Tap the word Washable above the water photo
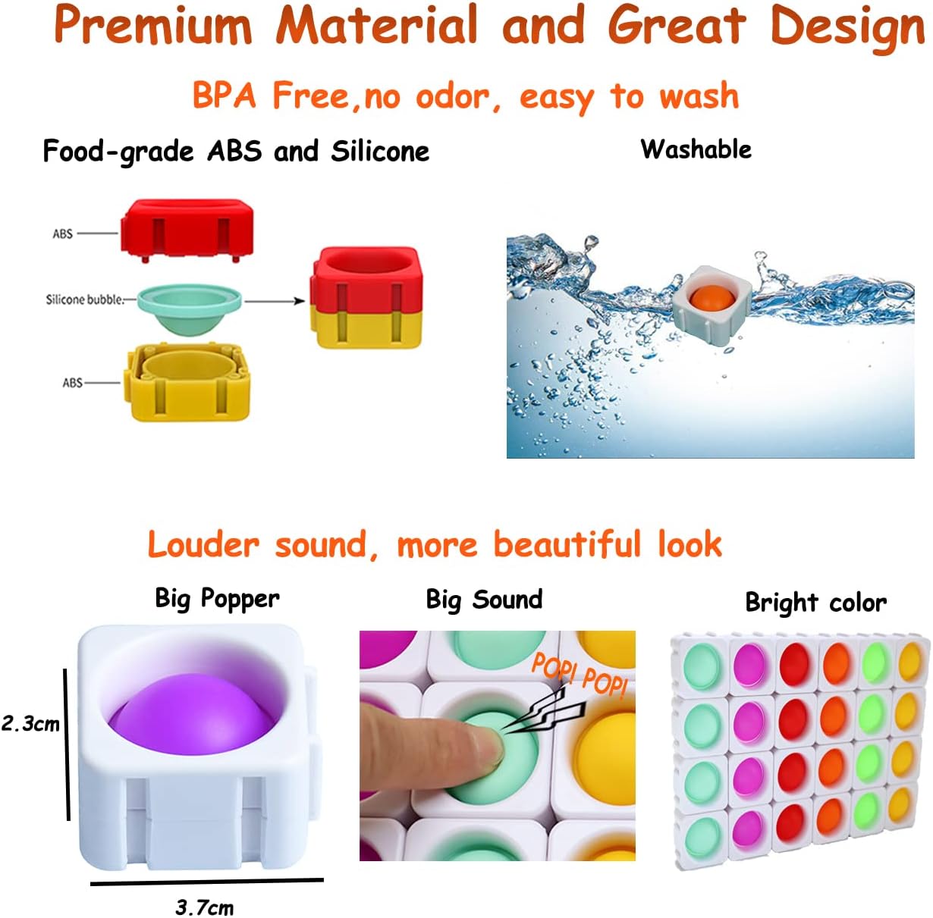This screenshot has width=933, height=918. [x=696, y=149]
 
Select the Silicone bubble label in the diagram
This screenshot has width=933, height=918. [x=84, y=299]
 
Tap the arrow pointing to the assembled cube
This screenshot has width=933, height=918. [x=274, y=302]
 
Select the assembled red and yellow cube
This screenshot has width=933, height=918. [x=365, y=297]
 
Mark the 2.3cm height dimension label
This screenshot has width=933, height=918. [x=30, y=723]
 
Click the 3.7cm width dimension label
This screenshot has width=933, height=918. [x=205, y=907]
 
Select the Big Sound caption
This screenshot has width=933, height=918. [x=484, y=600]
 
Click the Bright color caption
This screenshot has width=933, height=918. [x=815, y=603]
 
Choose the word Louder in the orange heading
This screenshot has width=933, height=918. [x=203, y=544]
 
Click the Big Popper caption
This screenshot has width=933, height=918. [x=217, y=598]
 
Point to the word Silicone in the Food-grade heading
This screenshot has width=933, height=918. [x=380, y=152]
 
